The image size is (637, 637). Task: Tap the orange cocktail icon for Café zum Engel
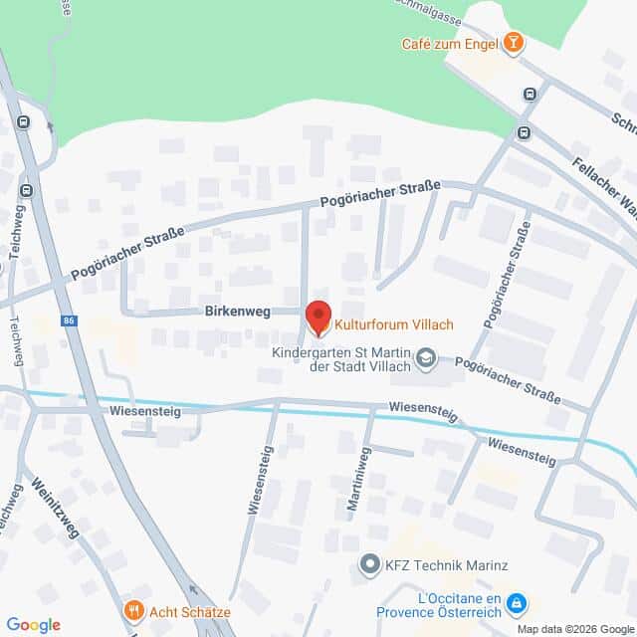[x=513, y=43]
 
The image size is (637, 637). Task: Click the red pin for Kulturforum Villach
[x=318, y=318]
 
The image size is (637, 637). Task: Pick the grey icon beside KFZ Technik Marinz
[x=370, y=566]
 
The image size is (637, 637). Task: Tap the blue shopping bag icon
[x=516, y=602]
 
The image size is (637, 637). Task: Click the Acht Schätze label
[x=191, y=610]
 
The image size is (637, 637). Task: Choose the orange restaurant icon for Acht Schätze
[x=132, y=610]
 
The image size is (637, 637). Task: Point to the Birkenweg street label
[x=237, y=312]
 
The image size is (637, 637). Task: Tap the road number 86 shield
[x=69, y=320]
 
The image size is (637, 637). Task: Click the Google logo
[x=33, y=625]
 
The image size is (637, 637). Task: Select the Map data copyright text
[x=574, y=629]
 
